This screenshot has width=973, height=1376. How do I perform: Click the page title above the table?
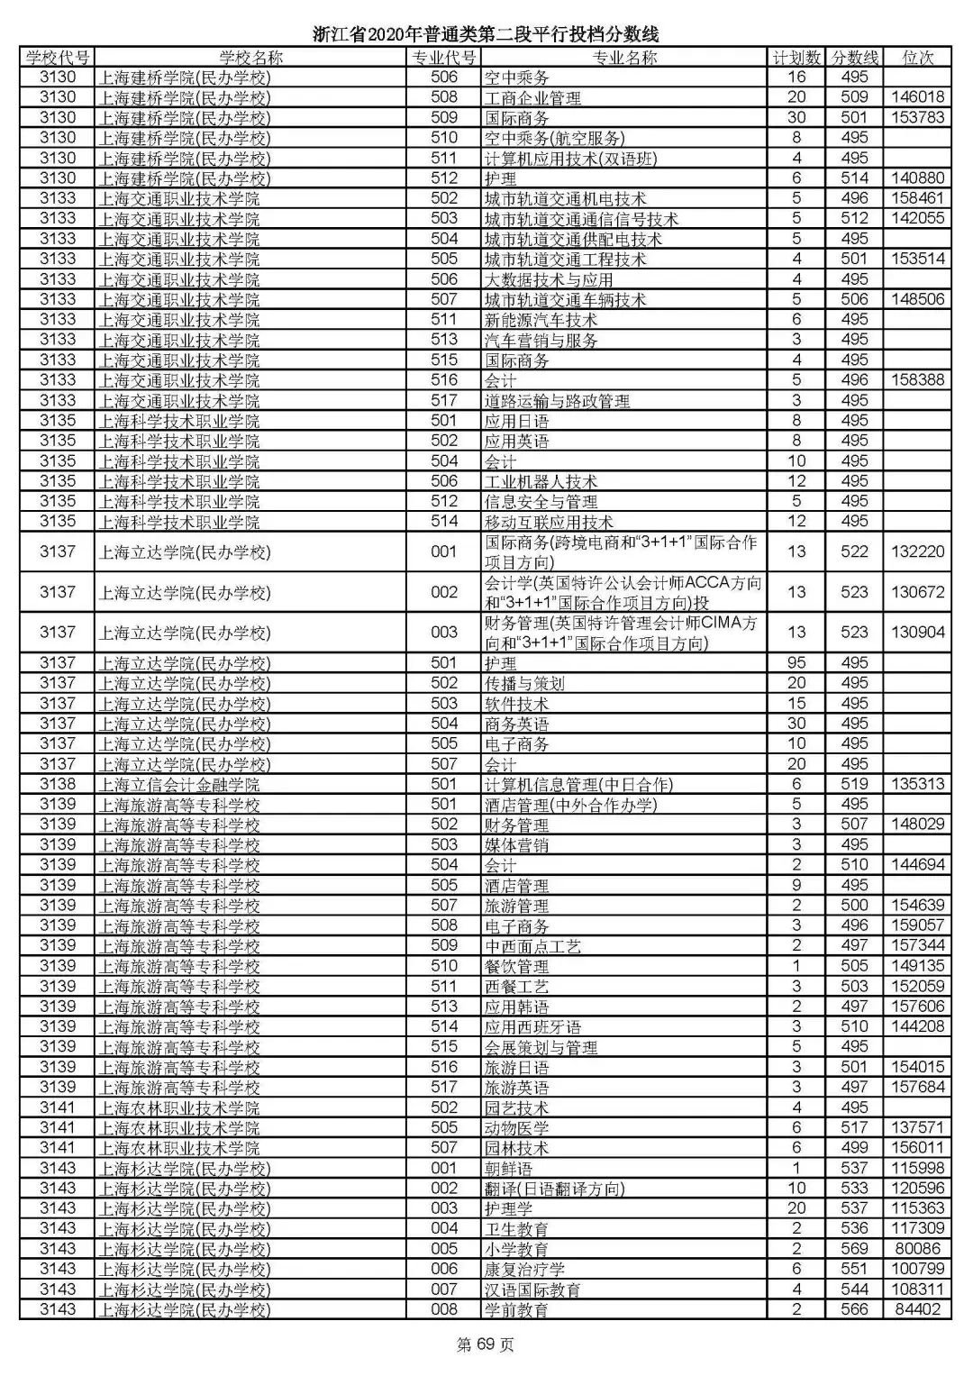486,35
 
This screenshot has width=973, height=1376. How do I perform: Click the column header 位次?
917,58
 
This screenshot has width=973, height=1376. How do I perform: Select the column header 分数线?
853,58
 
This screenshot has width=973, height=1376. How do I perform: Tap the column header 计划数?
796,58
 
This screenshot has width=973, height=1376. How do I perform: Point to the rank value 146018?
917,97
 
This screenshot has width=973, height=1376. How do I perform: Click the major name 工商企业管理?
532,98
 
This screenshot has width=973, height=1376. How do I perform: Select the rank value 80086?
917,1249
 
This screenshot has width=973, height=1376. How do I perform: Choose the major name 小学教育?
516,1250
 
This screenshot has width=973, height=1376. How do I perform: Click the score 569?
853,1249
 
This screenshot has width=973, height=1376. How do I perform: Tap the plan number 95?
796,663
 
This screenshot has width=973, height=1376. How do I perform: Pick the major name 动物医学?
516,1128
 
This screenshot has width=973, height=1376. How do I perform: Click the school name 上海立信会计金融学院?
178,785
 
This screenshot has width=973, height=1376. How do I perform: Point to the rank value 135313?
917,784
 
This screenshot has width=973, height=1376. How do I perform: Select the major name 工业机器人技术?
541,482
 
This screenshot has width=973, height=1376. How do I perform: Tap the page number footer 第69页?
486,1345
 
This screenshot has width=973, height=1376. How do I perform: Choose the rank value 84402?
917,1309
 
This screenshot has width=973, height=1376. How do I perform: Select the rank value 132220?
917,551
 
